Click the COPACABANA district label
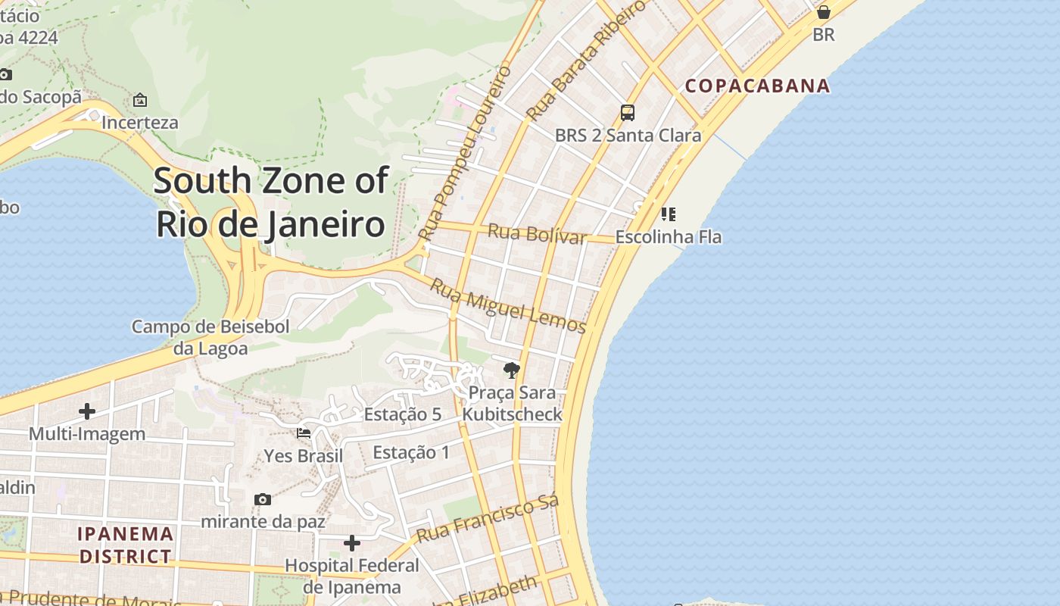[757, 86]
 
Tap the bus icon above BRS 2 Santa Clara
[628, 113]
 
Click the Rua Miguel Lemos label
[508, 306]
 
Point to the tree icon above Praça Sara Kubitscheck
[512, 370]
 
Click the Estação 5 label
[402, 414]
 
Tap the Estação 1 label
[411, 452]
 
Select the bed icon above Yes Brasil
[304, 433]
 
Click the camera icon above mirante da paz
[263, 499]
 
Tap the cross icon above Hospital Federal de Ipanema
[352, 543]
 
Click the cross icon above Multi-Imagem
[87, 411]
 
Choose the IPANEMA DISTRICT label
[126, 545]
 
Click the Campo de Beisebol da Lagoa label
[210, 337]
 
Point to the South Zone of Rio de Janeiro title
[271, 202]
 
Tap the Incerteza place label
[140, 123]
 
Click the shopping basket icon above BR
[824, 12]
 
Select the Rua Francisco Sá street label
[488, 518]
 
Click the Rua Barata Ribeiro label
[587, 61]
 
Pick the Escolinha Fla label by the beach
[668, 237]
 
